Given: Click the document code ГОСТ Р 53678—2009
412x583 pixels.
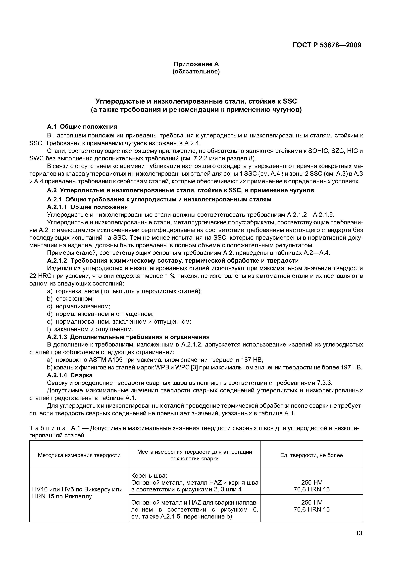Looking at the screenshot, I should (327, 45).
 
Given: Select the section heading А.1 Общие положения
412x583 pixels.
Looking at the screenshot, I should (82, 127).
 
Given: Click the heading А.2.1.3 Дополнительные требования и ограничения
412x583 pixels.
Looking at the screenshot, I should (128, 337).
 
